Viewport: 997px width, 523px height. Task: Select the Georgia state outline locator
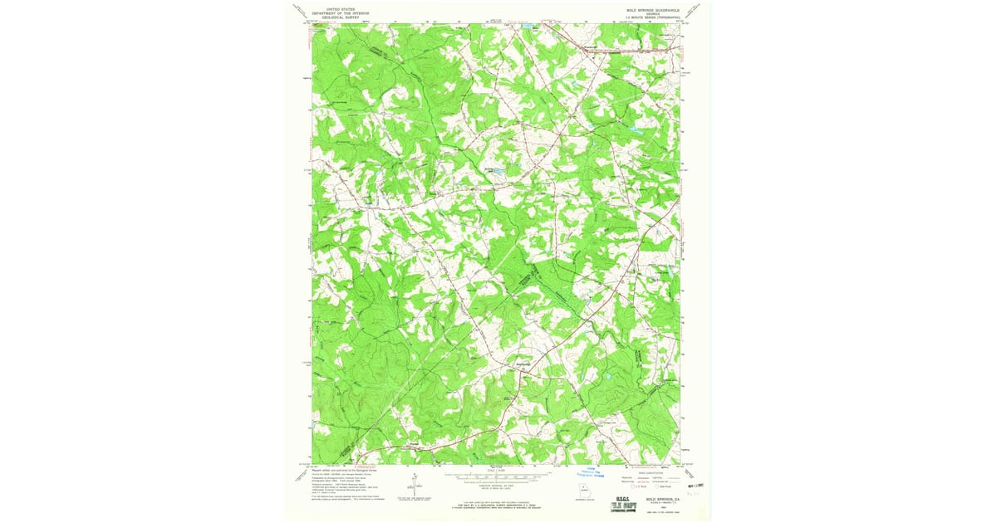click(x=587, y=490)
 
